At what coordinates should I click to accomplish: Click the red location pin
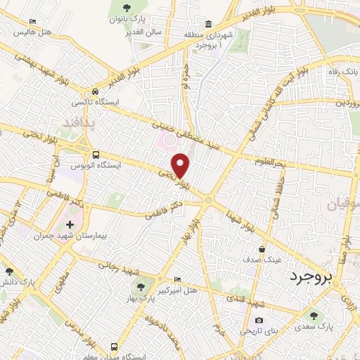(181, 165)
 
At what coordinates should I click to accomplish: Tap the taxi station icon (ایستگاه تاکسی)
(95, 92)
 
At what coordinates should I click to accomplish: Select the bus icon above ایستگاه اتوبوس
(96, 155)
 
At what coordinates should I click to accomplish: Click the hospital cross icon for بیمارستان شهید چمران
(69, 224)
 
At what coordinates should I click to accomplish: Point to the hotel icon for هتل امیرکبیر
(176, 279)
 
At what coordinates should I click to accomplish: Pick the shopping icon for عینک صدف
(262, 248)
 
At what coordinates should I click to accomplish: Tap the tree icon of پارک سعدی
(314, 316)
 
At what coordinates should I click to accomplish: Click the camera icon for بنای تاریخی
(259, 321)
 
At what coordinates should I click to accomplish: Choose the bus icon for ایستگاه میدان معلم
(113, 347)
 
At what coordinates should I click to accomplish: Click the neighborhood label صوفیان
(342, 205)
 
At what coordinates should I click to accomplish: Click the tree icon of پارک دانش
(8, 271)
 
